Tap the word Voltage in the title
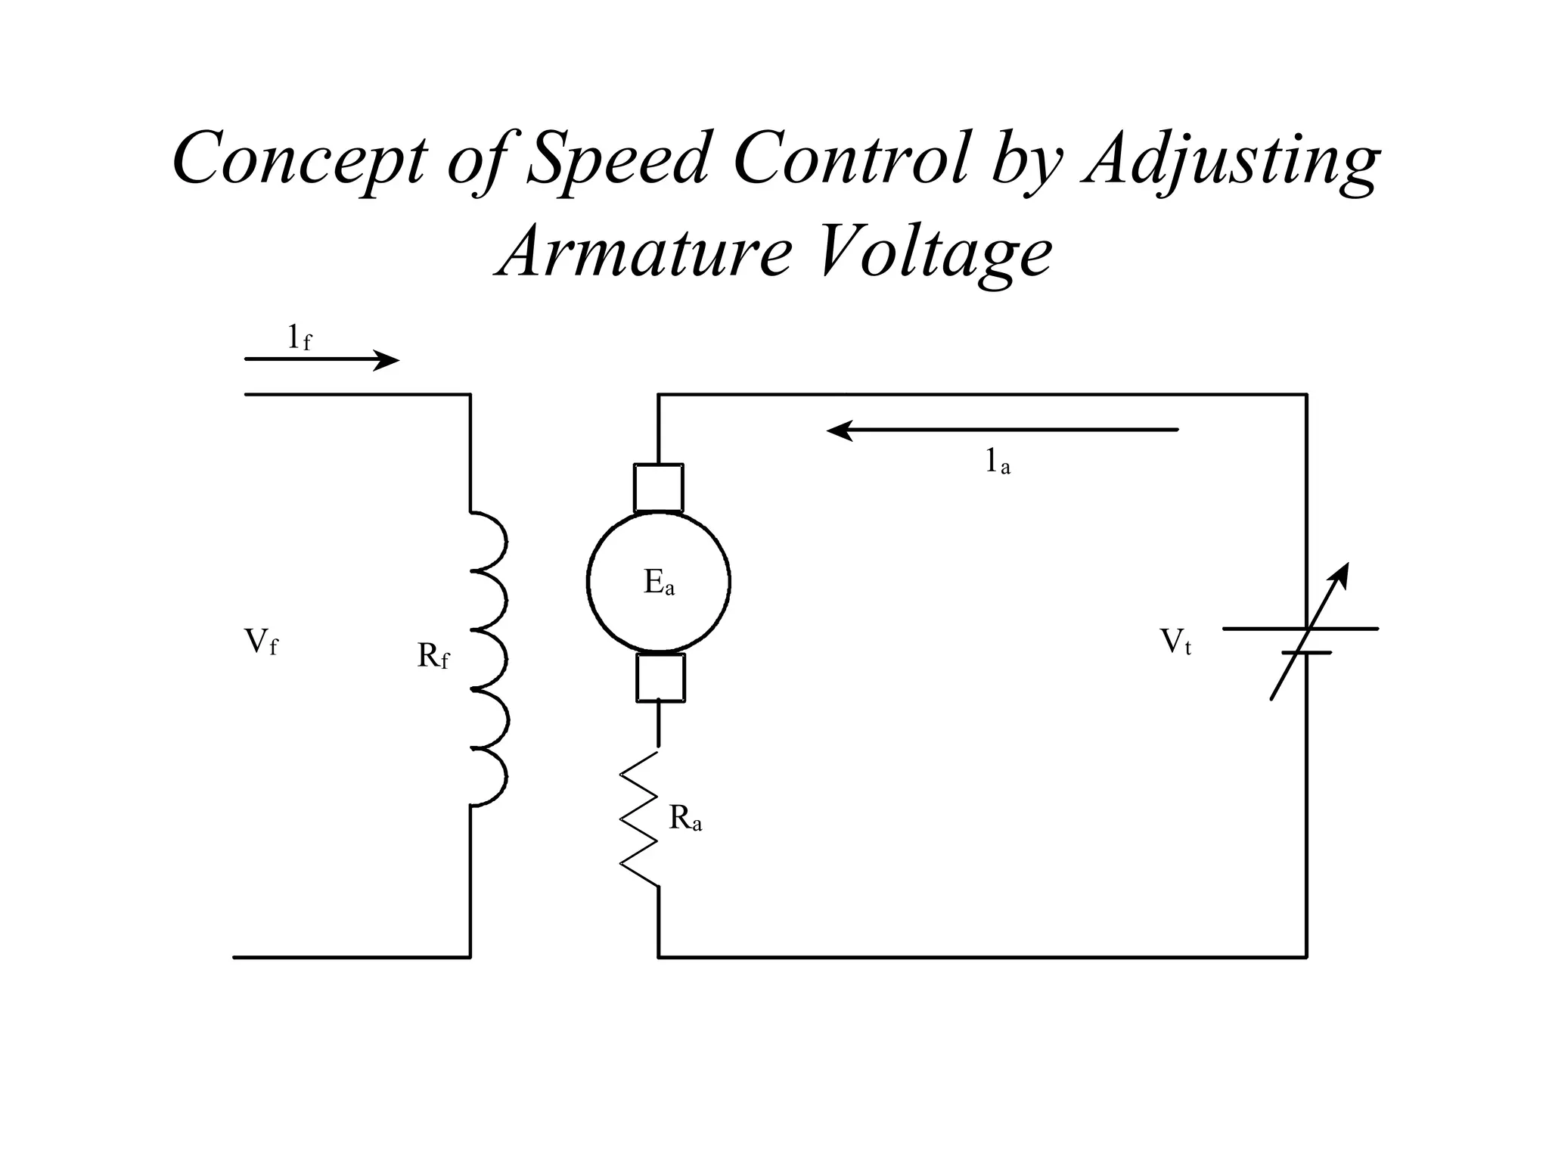935,252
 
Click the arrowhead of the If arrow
389,361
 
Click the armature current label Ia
997,461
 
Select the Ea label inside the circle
658,583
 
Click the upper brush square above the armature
658,488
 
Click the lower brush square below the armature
660,678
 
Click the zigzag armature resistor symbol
640,819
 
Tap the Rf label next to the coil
433,656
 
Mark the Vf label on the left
260,642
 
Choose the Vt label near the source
1175,642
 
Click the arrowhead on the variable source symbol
1341,574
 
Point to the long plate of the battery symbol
1300,629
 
